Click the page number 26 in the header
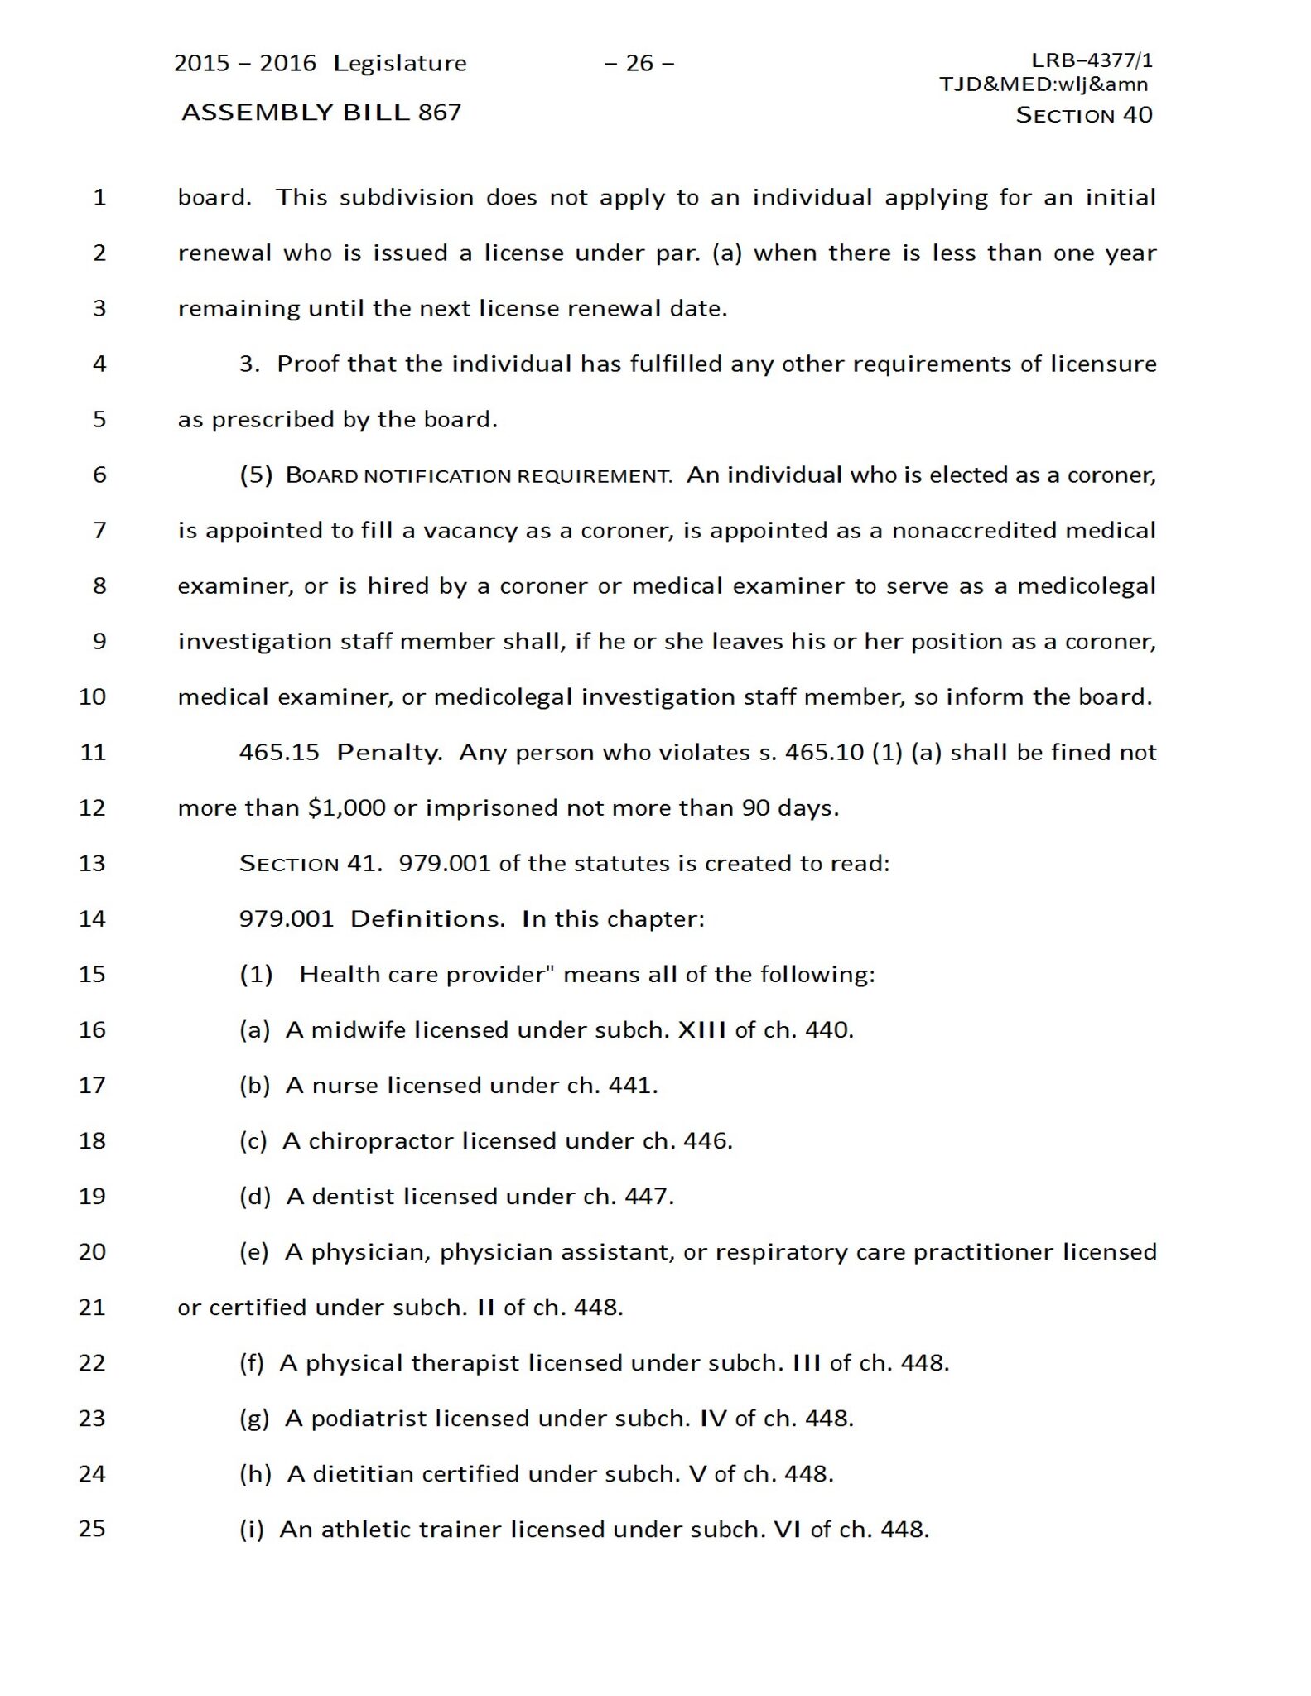(x=639, y=63)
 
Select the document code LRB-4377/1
(x=1092, y=60)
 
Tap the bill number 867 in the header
(x=440, y=112)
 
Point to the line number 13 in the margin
(x=92, y=863)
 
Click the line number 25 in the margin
(x=92, y=1529)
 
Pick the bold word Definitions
(x=427, y=918)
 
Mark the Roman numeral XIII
(x=702, y=1029)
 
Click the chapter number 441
(x=633, y=1085)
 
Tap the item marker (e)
(x=254, y=1251)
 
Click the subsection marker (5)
(x=256, y=475)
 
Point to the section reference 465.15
(x=279, y=752)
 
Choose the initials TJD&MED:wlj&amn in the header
(x=1043, y=84)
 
